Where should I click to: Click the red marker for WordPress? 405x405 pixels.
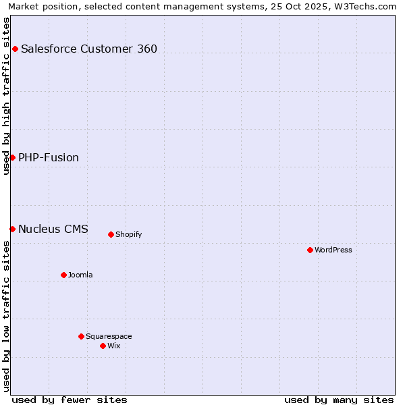pyautogui.click(x=310, y=250)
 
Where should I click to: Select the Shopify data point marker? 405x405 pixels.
pyautogui.click(x=111, y=234)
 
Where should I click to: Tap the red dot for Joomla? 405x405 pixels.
pyautogui.click(x=63, y=275)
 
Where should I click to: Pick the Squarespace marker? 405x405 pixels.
pyautogui.click(x=81, y=336)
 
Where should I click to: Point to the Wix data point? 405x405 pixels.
pyautogui.click(x=103, y=346)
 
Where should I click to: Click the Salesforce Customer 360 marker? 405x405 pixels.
pyautogui.click(x=15, y=49)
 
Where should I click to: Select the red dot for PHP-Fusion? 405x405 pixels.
pyautogui.click(x=12, y=157)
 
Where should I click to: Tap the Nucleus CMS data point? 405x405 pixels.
pyautogui.click(x=12, y=229)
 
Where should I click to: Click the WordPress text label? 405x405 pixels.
pyautogui.click(x=333, y=250)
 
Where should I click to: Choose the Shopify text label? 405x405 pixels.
pyautogui.click(x=128, y=234)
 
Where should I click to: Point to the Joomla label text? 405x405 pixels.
pyautogui.click(x=80, y=275)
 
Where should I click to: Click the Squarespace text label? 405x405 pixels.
pyautogui.click(x=109, y=336)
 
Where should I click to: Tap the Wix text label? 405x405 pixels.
pyautogui.click(x=113, y=346)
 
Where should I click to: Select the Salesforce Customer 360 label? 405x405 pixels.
pyautogui.click(x=89, y=49)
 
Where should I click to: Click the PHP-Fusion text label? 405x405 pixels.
pyautogui.click(x=49, y=157)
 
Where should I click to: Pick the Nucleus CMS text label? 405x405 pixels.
pyautogui.click(x=53, y=229)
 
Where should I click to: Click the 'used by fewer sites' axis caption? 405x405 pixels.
pyautogui.click(x=70, y=400)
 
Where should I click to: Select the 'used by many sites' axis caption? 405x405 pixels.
pyautogui.click(x=339, y=400)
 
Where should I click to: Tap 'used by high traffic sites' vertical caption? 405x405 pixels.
pyautogui.click(x=6, y=96)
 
